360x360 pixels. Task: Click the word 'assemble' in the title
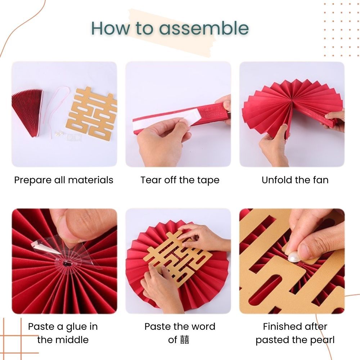[204, 28]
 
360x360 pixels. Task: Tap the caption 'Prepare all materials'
[64, 180]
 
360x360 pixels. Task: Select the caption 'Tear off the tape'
[180, 180]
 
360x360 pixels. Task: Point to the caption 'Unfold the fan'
[295, 180]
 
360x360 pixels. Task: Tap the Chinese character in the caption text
[185, 340]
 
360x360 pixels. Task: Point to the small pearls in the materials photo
[59, 134]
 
